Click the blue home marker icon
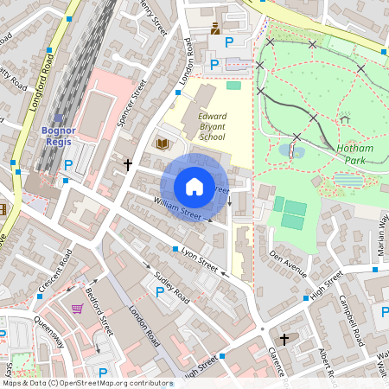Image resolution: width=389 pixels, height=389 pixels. [x=194, y=186]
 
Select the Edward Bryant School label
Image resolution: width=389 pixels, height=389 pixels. [x=212, y=125]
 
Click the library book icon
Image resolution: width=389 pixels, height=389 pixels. [x=161, y=143]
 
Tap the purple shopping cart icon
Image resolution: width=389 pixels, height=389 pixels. [x=77, y=308]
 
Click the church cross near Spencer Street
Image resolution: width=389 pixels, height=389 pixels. [x=128, y=163]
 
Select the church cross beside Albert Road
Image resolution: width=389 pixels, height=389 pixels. [x=285, y=341]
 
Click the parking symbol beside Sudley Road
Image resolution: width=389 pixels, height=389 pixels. [x=158, y=294]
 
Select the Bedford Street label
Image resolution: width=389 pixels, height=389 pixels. [x=102, y=311]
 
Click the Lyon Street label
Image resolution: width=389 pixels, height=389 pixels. [x=199, y=257]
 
